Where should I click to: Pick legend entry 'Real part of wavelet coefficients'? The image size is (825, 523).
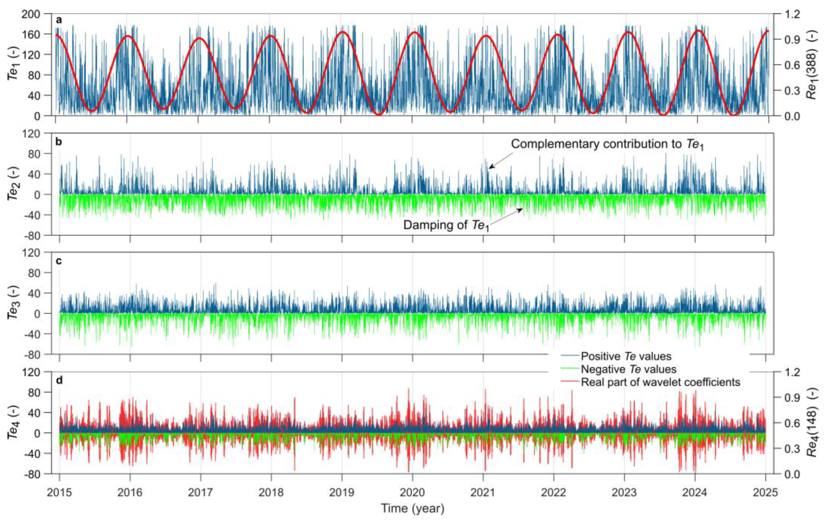660,382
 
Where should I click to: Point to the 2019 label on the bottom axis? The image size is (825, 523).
342,492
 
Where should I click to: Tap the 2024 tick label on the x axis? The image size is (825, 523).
694,492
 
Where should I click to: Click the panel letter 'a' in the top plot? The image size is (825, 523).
59,20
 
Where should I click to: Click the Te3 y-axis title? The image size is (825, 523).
13,303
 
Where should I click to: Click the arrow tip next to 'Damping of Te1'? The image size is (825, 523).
522,209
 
